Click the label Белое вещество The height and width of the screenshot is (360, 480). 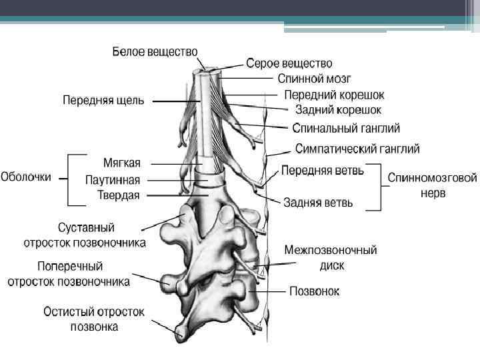(154, 51)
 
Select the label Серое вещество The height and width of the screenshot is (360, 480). (289, 63)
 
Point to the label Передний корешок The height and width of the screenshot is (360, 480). (334, 95)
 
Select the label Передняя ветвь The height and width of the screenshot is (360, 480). (323, 171)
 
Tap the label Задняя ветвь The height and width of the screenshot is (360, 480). (318, 201)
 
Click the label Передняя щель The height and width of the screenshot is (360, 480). (103, 101)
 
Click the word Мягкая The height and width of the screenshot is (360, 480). (121, 163)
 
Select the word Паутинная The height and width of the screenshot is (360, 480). (113, 179)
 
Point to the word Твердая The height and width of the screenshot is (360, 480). (119, 195)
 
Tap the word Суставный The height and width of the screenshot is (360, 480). (87, 229)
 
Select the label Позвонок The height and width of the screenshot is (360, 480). (315, 291)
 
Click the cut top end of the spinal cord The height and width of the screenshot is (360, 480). (205, 70)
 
